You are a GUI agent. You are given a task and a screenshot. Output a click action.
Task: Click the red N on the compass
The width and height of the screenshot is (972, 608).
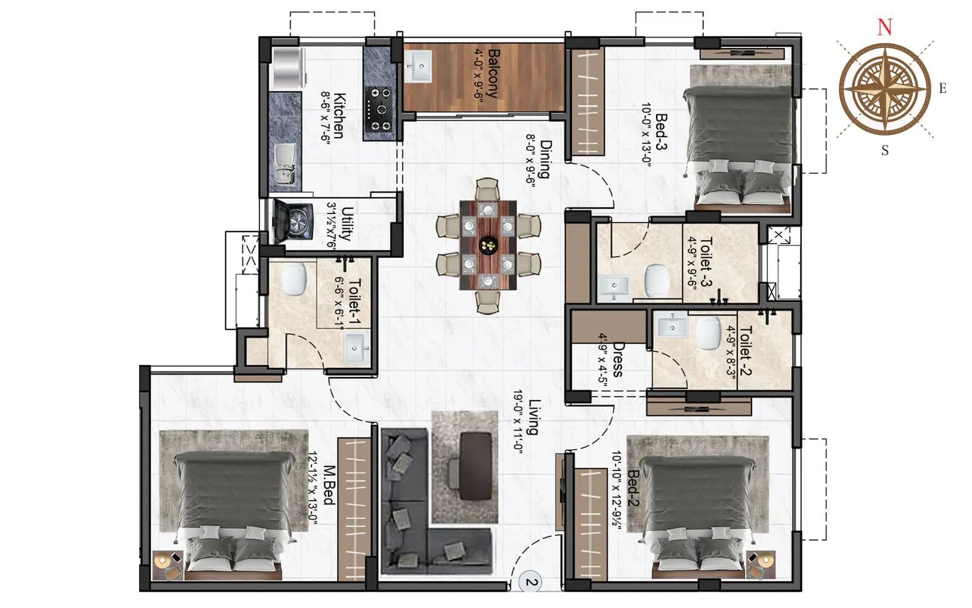point(885,27)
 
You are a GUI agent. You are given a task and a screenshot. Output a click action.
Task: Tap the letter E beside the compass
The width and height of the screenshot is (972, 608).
point(942,89)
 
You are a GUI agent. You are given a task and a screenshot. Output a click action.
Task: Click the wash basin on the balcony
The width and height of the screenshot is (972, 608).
point(418,66)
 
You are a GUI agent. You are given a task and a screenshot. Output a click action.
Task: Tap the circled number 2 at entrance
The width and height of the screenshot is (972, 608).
point(531,582)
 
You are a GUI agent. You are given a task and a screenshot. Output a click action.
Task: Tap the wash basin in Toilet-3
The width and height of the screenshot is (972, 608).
point(614,286)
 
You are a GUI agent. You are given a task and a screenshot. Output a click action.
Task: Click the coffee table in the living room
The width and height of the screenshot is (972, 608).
point(474,466)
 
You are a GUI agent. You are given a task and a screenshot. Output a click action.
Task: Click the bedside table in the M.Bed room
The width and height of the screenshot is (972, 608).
point(168,565)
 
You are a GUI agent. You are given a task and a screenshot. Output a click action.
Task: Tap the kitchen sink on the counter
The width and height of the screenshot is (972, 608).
point(284,164)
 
